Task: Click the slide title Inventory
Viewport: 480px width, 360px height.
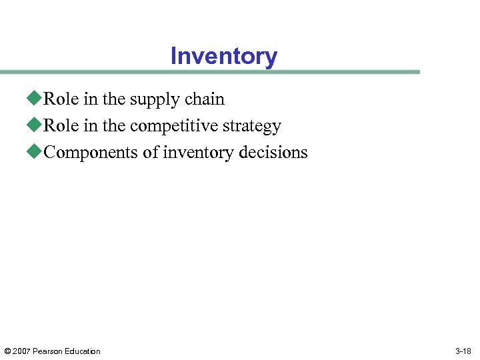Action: [223, 56]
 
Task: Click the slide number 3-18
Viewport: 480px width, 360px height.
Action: [463, 351]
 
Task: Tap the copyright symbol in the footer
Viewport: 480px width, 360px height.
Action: [7, 351]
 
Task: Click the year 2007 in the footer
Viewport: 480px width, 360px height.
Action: [22, 351]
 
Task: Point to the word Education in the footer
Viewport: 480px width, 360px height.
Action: [83, 351]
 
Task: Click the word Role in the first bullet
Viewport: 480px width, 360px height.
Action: [62, 99]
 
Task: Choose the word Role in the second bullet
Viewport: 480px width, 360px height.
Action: [62, 125]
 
